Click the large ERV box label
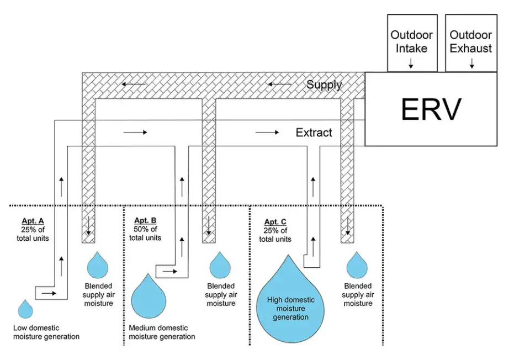click(431, 109)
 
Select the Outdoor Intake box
click(412, 43)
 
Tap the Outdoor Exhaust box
click(471, 43)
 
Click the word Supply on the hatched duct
click(324, 84)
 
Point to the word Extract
click(314, 133)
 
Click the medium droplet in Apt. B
click(149, 297)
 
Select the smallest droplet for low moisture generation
click(25, 309)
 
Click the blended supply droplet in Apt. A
click(98, 266)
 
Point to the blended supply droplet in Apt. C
click(357, 266)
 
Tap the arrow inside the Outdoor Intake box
click(411, 65)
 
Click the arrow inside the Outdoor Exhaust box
click(471, 65)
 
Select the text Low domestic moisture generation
click(46, 332)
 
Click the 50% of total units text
click(145, 234)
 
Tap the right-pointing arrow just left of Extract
click(267, 133)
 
